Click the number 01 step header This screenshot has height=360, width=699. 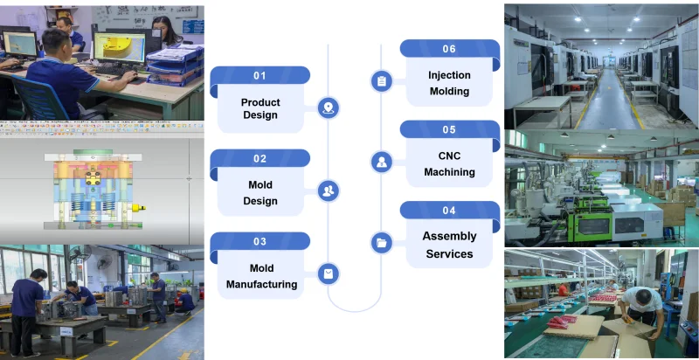(260, 76)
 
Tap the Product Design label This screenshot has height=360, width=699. (260, 109)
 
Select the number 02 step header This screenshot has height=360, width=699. (260, 159)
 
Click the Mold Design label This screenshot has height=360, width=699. (260, 192)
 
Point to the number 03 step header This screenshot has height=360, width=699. (260, 242)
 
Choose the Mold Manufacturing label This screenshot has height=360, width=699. (261, 276)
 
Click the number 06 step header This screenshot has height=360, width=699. (449, 49)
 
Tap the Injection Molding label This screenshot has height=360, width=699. (449, 83)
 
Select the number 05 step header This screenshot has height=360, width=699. (449, 130)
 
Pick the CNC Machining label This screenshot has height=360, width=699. (449, 164)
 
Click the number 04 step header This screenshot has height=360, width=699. (449, 211)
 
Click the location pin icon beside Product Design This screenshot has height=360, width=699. (329, 108)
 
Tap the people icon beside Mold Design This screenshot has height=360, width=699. (329, 190)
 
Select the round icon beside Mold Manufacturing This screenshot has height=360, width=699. (329, 273)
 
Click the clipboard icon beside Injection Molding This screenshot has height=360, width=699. (381, 81)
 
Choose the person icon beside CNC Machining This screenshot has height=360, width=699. (381, 162)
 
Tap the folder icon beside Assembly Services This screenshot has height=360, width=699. (381, 243)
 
